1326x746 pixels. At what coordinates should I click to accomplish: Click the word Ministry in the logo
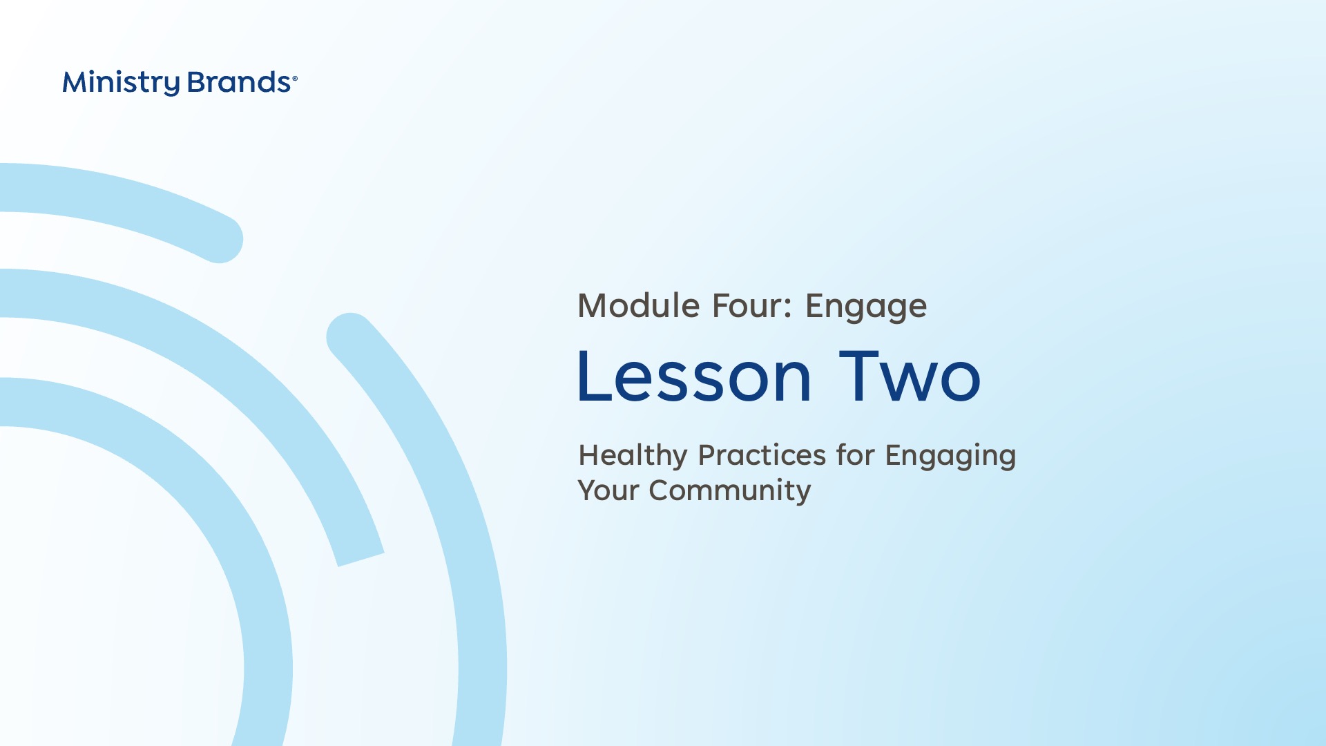[121, 83]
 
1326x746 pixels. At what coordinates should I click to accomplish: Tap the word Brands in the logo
[239, 82]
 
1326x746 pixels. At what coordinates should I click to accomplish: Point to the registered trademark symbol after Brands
[295, 79]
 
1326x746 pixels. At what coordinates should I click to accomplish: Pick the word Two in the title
[910, 376]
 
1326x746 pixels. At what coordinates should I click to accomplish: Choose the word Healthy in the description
[633, 456]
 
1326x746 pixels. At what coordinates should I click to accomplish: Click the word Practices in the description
[762, 455]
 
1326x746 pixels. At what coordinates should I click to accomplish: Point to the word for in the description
[856, 455]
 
